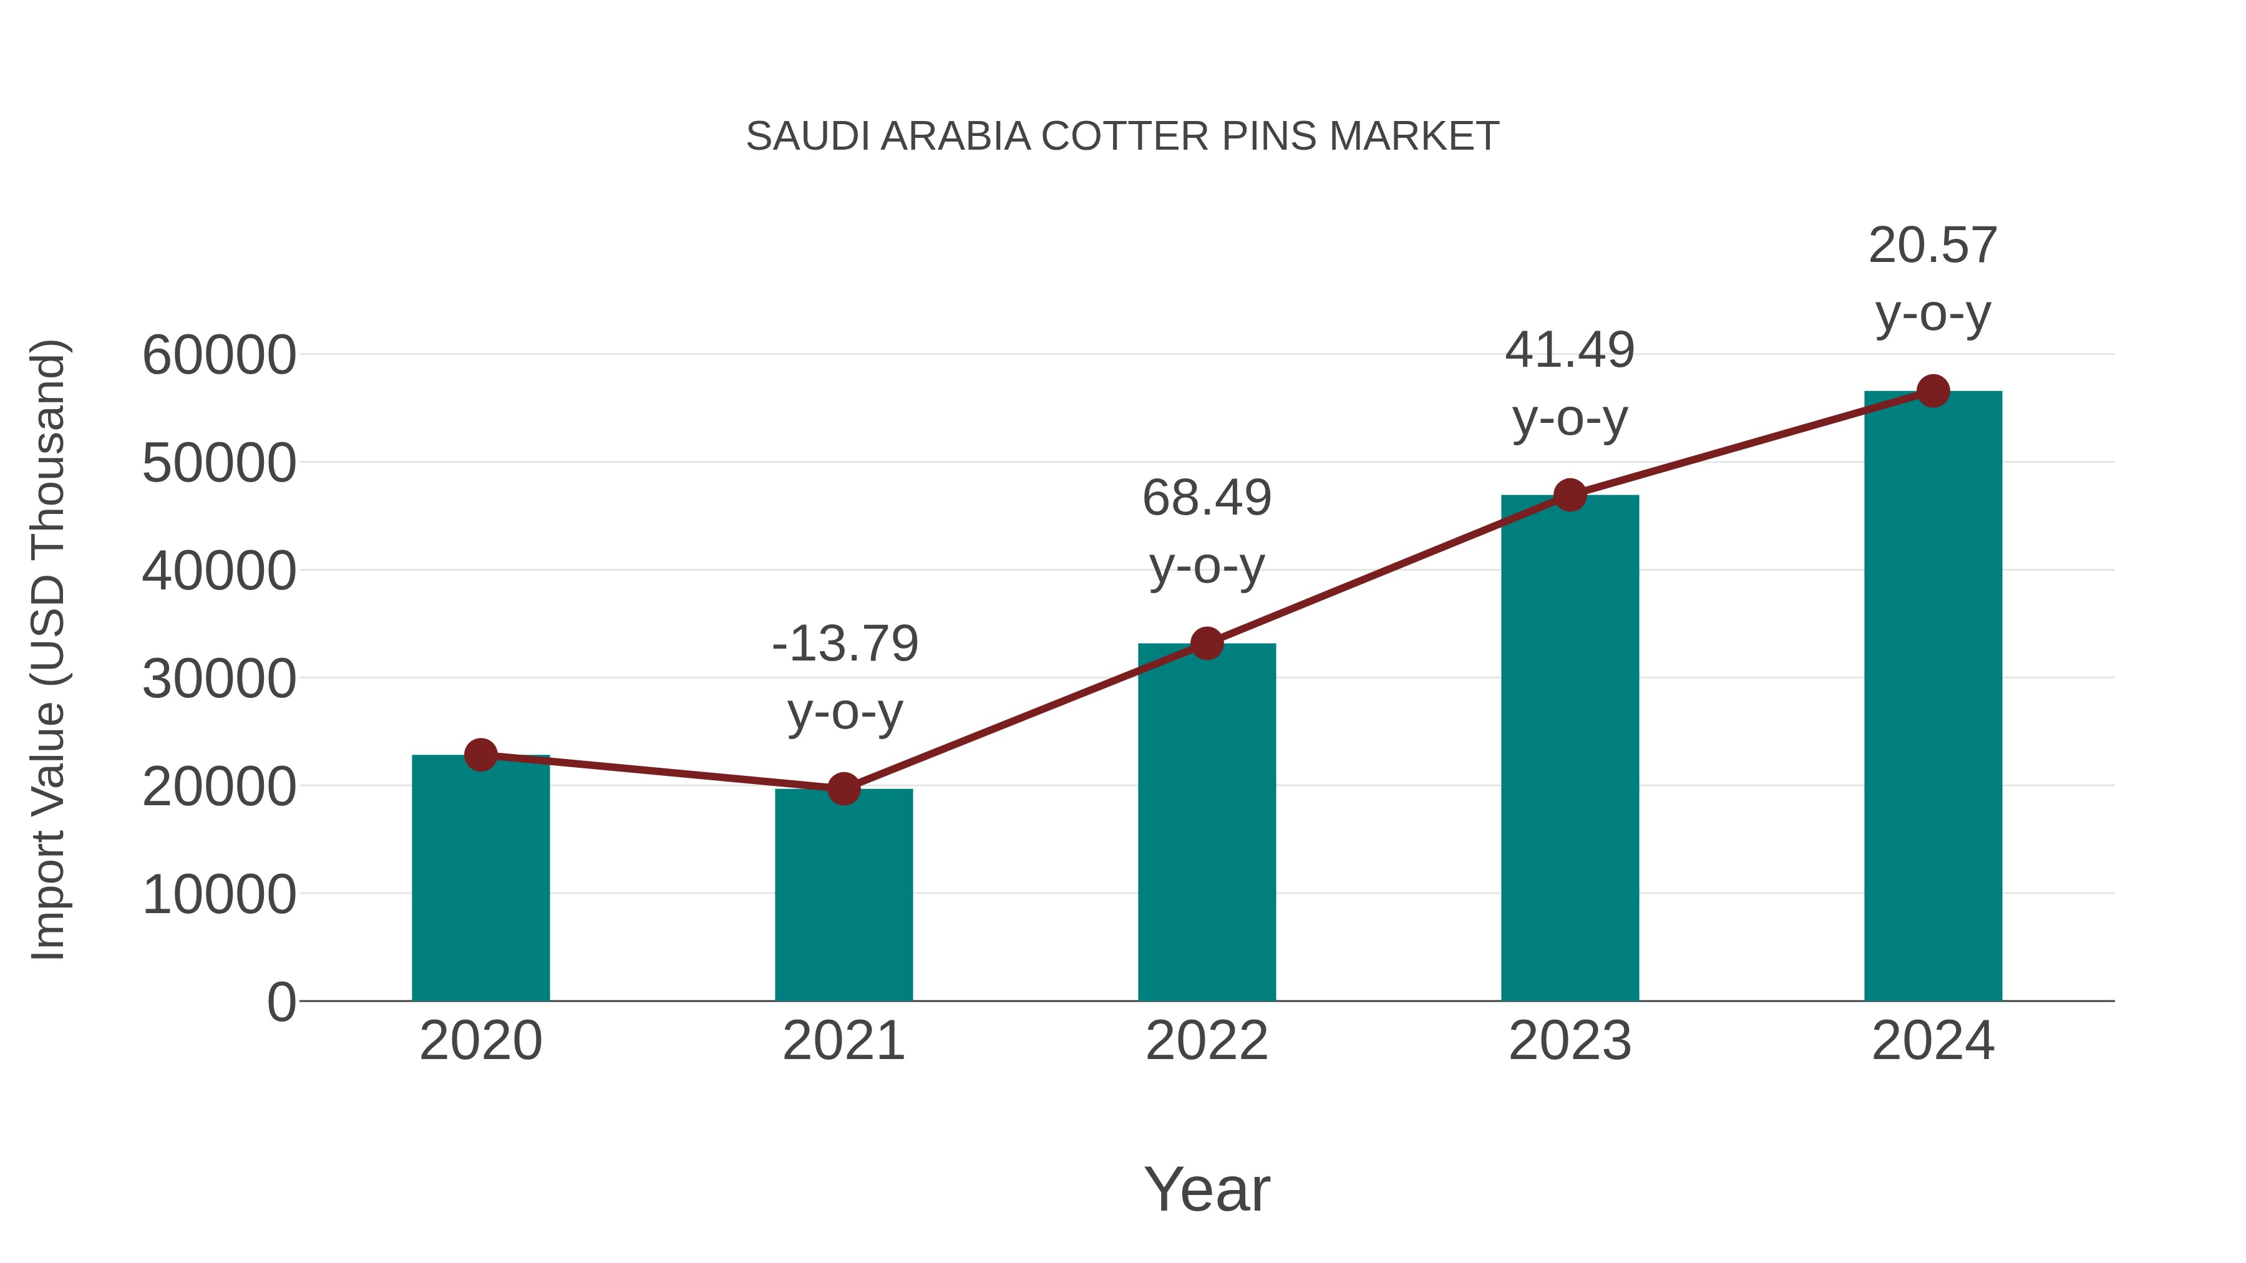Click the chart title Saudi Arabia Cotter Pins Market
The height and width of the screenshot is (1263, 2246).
1122,137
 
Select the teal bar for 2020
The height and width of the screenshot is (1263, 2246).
480,880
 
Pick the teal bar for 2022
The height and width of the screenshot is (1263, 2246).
1207,824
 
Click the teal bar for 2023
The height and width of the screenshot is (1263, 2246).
1570,750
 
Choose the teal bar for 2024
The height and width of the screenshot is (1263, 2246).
1933,697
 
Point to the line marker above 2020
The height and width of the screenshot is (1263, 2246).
480,755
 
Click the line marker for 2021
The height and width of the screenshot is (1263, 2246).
843,789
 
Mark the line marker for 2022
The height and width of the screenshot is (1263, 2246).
1207,644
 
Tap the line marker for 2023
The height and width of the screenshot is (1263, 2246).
1570,495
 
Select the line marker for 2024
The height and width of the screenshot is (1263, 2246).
1933,391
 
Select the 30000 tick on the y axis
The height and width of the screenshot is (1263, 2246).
219,679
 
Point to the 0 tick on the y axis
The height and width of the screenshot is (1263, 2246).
281,1002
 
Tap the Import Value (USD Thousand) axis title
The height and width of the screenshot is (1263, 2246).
49,651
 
